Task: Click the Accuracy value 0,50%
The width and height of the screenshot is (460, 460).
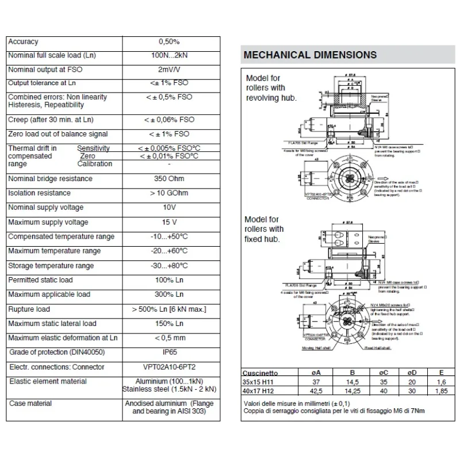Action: tap(169, 41)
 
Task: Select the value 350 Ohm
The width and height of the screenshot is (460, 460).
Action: tap(168, 179)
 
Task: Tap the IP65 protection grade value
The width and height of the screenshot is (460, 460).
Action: tap(169, 352)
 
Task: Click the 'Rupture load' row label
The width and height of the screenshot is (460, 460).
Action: tap(29, 309)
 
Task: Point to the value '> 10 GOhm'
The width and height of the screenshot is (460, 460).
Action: tap(169, 193)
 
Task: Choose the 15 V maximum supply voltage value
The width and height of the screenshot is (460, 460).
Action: tap(169, 222)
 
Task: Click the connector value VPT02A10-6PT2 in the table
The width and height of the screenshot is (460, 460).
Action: tap(169, 367)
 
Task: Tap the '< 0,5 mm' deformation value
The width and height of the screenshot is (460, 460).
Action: tap(169, 338)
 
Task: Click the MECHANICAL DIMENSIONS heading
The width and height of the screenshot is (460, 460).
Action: tap(310, 55)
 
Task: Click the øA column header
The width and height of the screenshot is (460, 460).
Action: tap(315, 372)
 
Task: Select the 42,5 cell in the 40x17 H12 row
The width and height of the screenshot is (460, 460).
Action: tap(315, 390)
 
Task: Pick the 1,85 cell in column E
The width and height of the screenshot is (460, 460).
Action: tap(440, 390)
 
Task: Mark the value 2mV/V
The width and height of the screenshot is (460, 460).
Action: tap(169, 70)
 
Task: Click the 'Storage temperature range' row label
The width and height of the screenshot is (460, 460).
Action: tap(51, 266)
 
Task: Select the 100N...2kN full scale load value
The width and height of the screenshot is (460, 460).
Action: tap(169, 56)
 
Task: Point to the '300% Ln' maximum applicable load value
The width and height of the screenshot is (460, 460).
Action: tap(169, 294)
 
